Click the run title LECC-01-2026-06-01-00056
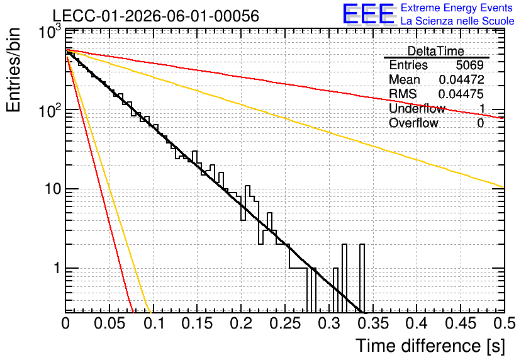point(156,16)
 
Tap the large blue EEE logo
point(369,14)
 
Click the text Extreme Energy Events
point(456,8)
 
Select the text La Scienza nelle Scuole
point(457,21)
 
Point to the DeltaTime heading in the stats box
point(436,52)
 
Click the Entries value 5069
point(469,65)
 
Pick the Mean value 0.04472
point(461,79)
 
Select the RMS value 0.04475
point(461,94)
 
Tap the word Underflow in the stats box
point(417,108)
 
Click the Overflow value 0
point(480,123)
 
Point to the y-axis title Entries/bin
point(13,70)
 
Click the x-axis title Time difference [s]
point(430,346)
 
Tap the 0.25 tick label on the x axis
point(285,323)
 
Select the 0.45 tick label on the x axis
point(461,323)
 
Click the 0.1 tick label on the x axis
point(154,323)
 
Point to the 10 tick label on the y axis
point(53,189)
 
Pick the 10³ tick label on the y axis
point(50,32)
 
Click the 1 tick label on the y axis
point(57,268)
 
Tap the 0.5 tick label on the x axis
point(505,323)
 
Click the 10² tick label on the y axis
point(50,111)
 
